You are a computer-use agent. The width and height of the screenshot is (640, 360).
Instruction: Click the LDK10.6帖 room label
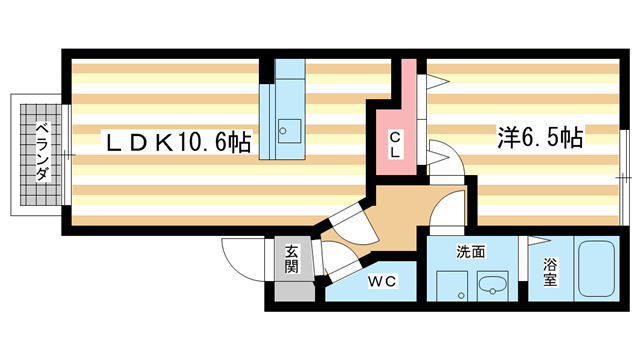point(180,143)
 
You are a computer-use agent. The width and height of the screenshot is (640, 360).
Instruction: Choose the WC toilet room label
point(383,283)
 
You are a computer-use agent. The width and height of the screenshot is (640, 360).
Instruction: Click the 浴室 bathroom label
point(550,273)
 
